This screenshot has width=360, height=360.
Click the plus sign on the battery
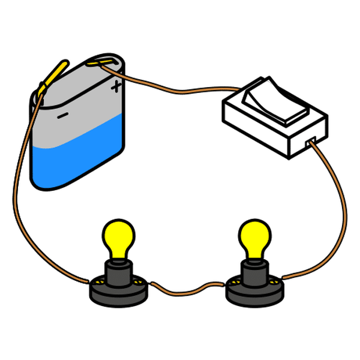click(x=116, y=87)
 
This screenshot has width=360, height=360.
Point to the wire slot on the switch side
click(x=311, y=142)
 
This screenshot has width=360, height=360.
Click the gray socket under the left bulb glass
click(x=119, y=273)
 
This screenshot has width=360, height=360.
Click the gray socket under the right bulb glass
click(x=254, y=273)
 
